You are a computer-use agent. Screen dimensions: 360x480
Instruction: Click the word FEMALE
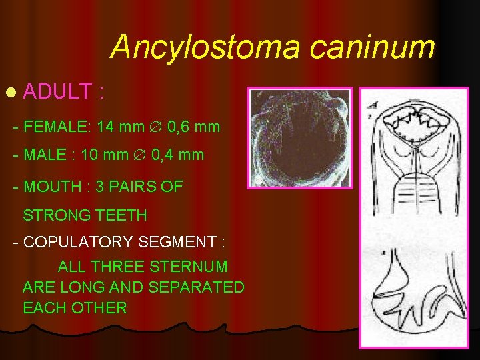pyautogui.click(x=57, y=126)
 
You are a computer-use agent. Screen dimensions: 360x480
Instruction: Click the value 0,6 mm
pyautogui.click(x=193, y=126)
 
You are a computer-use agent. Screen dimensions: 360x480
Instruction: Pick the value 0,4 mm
pyautogui.click(x=177, y=155)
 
